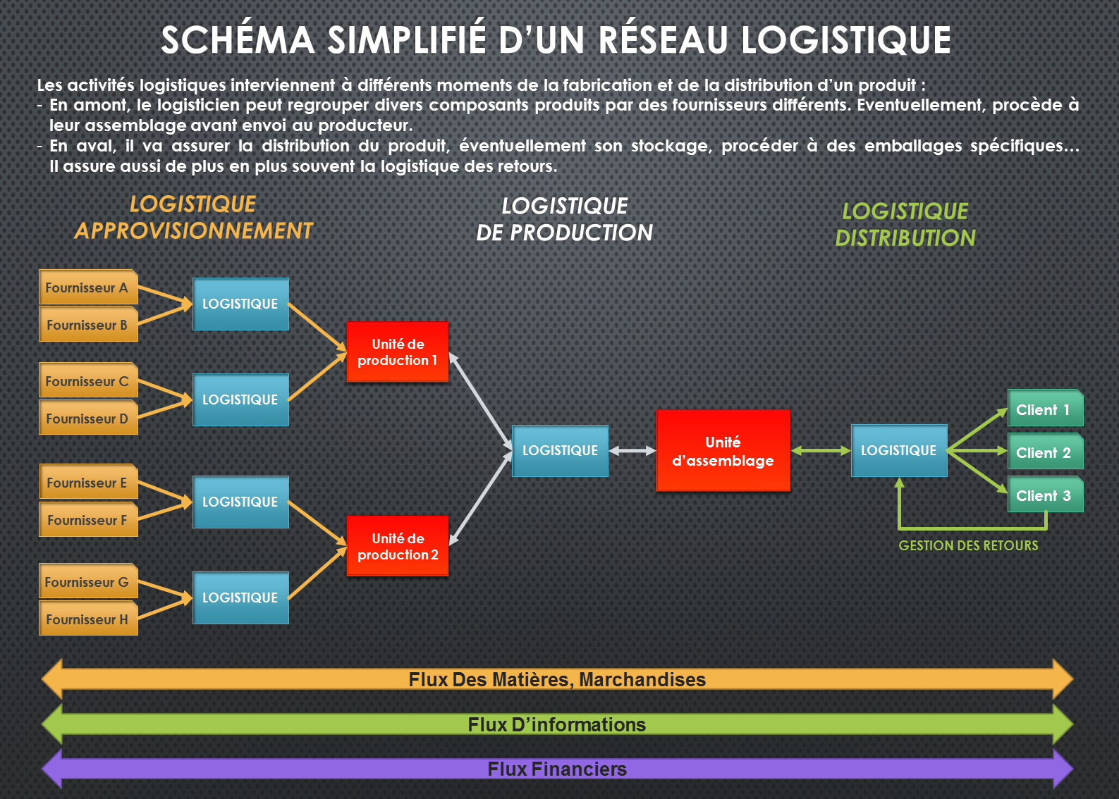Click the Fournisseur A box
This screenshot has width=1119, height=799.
click(x=88, y=287)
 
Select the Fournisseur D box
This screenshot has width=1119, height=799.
click(x=88, y=418)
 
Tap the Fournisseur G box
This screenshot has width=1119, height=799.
click(x=88, y=581)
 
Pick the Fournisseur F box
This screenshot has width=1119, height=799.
click(x=88, y=519)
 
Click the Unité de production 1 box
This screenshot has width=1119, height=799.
click(x=398, y=352)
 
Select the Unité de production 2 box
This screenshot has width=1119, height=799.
click(x=398, y=546)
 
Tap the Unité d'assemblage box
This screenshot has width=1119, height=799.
click(x=723, y=451)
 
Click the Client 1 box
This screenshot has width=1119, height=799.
click(x=1045, y=408)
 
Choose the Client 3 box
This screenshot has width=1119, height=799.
click(x=1045, y=494)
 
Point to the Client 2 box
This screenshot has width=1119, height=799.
click(x=1045, y=451)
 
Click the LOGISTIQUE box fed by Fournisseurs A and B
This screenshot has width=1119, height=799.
click(x=240, y=304)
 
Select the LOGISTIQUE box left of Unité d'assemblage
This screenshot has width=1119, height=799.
click(x=560, y=451)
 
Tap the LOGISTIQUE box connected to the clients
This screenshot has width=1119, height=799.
click(x=899, y=451)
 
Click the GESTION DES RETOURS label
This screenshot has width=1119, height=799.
click(x=968, y=545)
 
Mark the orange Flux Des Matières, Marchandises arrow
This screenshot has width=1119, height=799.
click(x=558, y=679)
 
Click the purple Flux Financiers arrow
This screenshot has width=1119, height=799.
click(x=558, y=769)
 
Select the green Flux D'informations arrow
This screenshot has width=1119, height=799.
click(x=558, y=724)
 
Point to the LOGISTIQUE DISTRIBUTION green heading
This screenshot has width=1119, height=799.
click(x=905, y=225)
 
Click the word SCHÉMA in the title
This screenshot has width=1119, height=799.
click(x=238, y=40)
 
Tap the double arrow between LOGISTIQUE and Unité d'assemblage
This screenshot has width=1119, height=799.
click(x=632, y=451)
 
